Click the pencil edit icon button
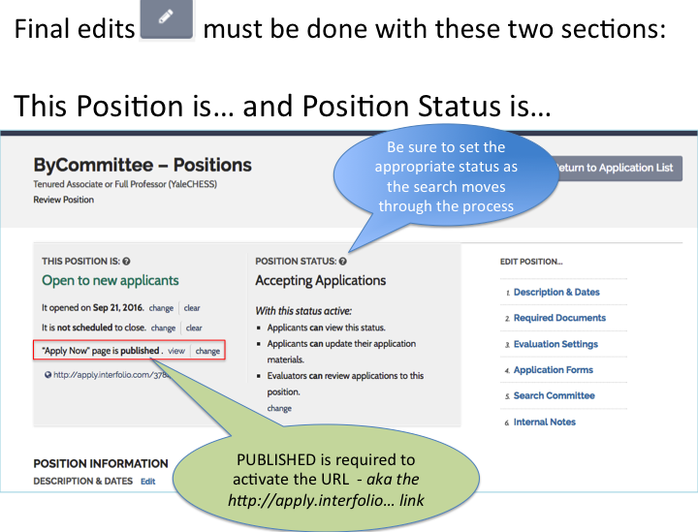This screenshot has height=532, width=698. coord(167,19)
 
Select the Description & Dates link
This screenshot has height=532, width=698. coord(556,293)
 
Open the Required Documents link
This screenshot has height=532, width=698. coord(559,318)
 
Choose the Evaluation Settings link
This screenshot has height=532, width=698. coord(555,344)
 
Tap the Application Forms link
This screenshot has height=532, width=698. coord(554,370)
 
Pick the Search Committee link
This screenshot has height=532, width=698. coord(555,396)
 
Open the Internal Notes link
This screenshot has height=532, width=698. coord(545,422)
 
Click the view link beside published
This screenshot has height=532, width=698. coord(176,351)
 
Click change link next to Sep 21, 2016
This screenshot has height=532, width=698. coord(161,308)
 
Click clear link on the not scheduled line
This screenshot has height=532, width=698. coord(194,329)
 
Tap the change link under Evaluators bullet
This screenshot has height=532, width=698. coord(279,408)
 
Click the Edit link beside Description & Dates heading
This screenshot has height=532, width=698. coord(148,482)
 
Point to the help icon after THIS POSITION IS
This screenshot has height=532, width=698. coord(126,262)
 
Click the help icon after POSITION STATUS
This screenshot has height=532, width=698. coord(343,262)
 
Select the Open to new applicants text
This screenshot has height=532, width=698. coord(111,281)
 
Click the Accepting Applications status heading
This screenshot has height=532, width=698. coord(321,281)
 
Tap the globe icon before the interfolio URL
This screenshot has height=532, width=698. coord(48,375)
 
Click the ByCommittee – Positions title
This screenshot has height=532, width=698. coord(143,166)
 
